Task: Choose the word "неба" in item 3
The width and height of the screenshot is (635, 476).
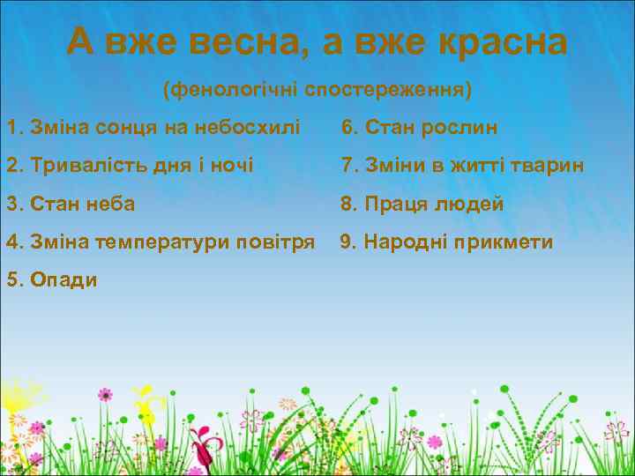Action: pyautogui.click(x=113, y=205)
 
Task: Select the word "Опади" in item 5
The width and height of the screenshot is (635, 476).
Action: pyautogui.click(x=64, y=280)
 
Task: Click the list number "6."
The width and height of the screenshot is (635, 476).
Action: pyautogui.click(x=349, y=128)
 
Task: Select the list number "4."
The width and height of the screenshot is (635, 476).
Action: pyautogui.click(x=14, y=242)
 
